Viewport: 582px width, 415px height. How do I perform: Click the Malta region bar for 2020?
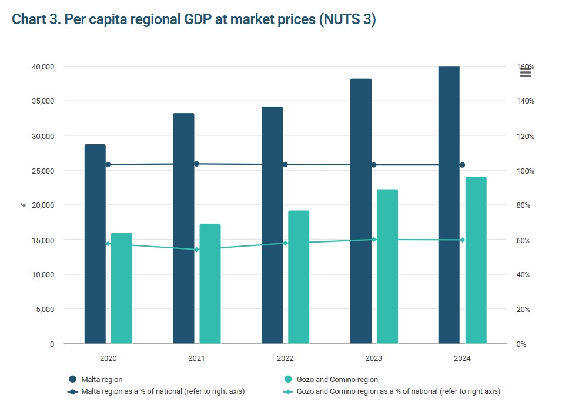[95, 244]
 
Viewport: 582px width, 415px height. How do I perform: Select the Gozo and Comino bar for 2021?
[210, 284]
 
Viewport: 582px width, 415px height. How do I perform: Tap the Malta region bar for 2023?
[361, 211]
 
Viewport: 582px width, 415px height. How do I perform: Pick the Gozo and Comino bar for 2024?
[476, 260]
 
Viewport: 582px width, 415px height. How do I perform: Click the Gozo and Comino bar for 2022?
[299, 277]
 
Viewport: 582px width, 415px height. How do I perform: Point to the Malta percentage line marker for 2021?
[197, 164]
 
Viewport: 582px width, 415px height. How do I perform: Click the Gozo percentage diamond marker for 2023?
[374, 240]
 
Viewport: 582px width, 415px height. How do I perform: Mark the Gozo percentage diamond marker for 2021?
[197, 250]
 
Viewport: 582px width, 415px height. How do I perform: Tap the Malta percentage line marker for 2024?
[462, 165]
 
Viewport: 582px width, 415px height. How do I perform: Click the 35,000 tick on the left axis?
[43, 101]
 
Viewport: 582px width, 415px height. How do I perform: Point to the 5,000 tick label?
[45, 309]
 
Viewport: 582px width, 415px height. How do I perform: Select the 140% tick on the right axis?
[525, 101]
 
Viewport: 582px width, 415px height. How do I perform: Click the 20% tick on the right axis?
[523, 309]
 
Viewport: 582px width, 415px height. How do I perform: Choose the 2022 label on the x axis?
[285, 358]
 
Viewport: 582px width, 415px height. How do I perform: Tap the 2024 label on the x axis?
[462, 358]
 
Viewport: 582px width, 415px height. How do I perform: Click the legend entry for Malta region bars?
[95, 379]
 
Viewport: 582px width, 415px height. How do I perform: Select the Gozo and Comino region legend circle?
[288, 379]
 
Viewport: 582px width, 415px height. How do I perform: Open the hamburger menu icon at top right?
[526, 73]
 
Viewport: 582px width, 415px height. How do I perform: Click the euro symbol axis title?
[24, 205]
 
